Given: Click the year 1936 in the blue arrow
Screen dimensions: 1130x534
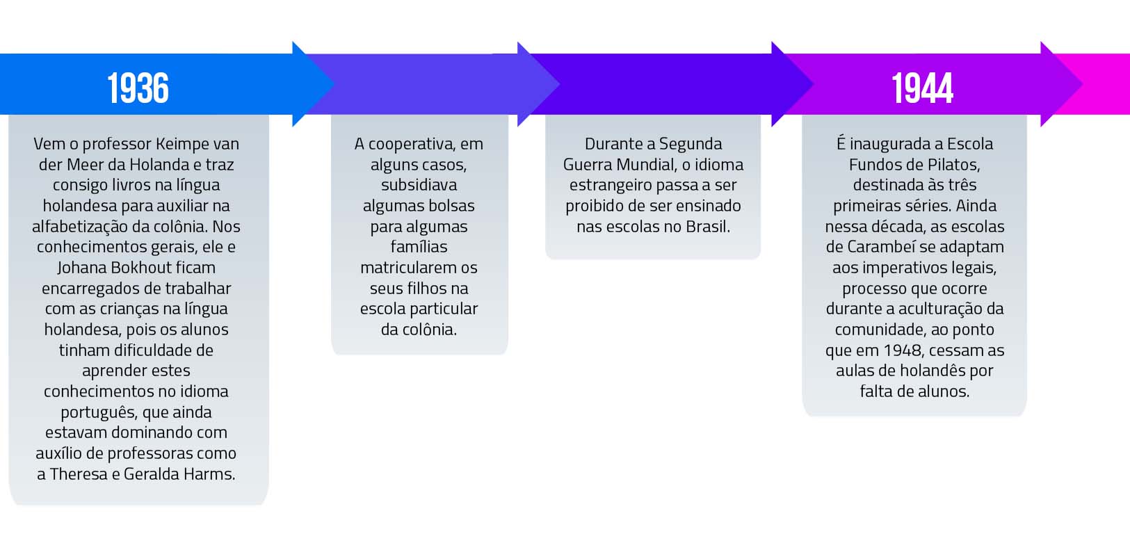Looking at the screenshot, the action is click(x=138, y=88).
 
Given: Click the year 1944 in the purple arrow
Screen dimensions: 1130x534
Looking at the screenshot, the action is click(x=922, y=88).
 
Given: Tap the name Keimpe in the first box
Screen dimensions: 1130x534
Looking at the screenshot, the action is click(x=182, y=145).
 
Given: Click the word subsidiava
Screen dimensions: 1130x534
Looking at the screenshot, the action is click(x=419, y=185).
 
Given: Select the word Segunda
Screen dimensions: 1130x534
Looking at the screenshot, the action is click(x=691, y=145).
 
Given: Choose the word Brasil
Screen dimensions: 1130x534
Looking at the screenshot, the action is click(x=708, y=227).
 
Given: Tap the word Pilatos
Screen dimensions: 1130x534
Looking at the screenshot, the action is click(x=953, y=164).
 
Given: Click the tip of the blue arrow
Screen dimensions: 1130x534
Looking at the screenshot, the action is click(x=334, y=83).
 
